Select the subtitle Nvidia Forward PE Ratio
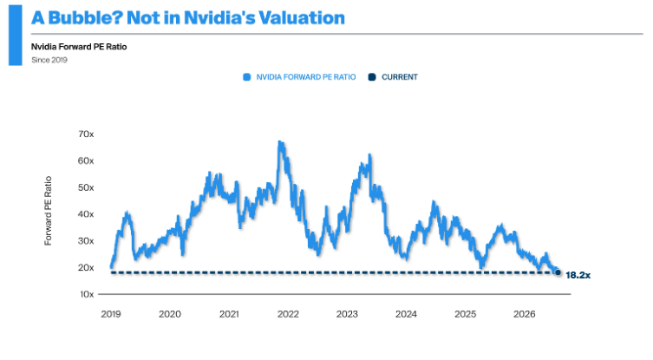[x=79, y=47]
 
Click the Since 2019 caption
[x=49, y=60]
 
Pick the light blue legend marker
[x=246, y=77]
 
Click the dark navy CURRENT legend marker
[x=372, y=77]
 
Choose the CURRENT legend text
[x=400, y=77]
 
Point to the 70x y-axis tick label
[x=86, y=134]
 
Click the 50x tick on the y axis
[x=86, y=187]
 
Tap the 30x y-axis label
[x=86, y=241]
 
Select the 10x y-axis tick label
[x=87, y=294]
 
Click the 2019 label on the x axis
[x=111, y=314]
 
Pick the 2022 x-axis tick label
[x=288, y=314]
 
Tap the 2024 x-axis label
[x=406, y=314]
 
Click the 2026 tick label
[x=525, y=314]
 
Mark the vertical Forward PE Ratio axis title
[x=49, y=211]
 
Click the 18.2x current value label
[x=578, y=275]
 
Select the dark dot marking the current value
[x=558, y=273]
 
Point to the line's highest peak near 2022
[x=280, y=142]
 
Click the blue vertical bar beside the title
[x=16, y=36]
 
